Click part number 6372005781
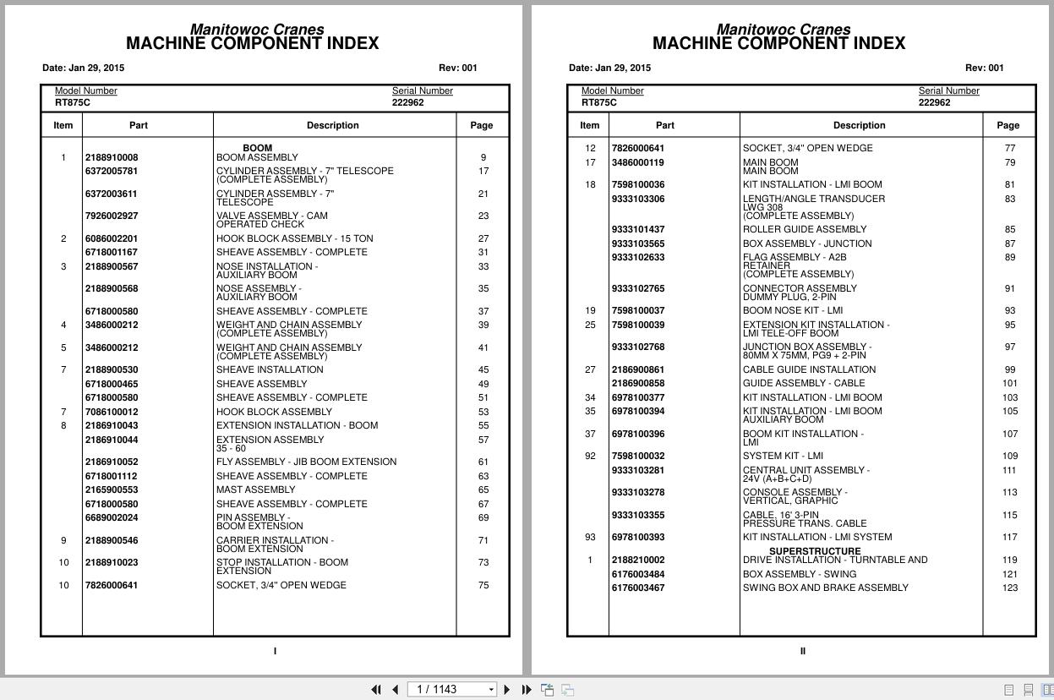(111, 171)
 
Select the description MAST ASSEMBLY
(255, 489)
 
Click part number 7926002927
(111, 216)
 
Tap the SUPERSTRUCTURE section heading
(814, 551)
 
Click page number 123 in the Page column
(1009, 588)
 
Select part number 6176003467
(637, 588)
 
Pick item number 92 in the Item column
(590, 456)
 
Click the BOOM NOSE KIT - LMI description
(792, 310)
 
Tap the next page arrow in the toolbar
(506, 690)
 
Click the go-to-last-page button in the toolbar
(527, 690)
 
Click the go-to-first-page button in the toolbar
(376, 690)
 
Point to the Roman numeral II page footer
(802, 651)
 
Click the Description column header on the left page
(332, 125)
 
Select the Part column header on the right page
(664, 125)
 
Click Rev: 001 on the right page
(984, 68)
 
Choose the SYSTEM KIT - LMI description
(783, 456)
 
